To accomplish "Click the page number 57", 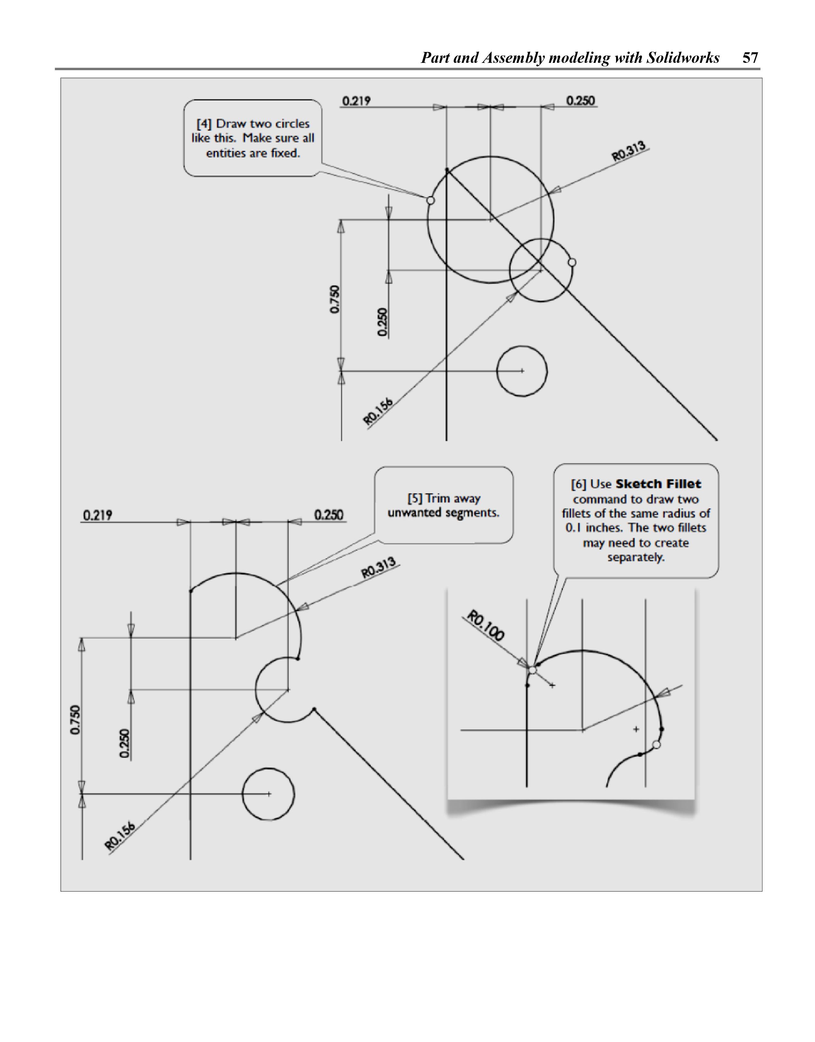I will tap(750, 58).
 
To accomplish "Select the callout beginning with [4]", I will tap(253, 138).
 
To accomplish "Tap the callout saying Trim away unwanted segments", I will tap(443, 505).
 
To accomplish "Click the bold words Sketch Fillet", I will tap(658, 484).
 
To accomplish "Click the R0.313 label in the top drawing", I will tap(629, 150).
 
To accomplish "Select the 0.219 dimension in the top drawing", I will tap(356, 101).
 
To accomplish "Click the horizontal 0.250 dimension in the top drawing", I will tap(580, 101).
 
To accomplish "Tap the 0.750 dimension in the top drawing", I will tap(335, 299).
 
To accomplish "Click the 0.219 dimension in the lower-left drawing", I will tap(98, 515).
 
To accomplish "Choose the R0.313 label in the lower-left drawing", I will tap(379, 567).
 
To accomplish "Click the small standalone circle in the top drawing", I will tap(522, 371).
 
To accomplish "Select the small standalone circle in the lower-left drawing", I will tap(268, 794).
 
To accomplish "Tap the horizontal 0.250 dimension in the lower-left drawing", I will tap(329, 515).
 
